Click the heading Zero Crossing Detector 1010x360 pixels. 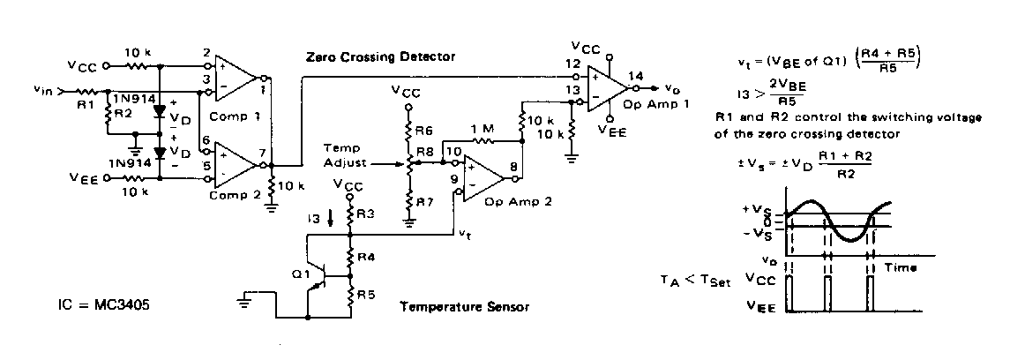380,56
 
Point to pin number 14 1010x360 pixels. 636,77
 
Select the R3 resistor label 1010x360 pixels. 365,214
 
